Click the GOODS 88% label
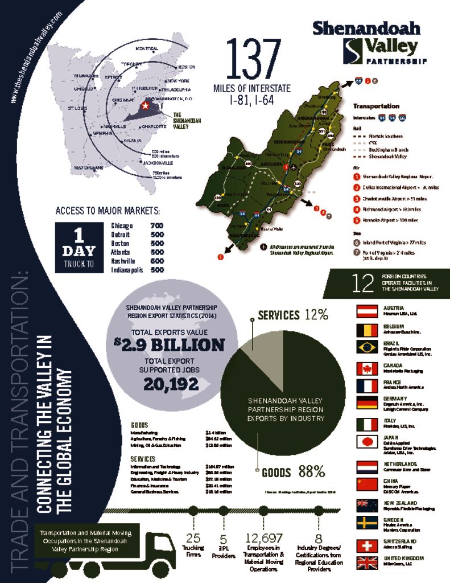coord(293,472)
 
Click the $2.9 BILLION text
coord(169,344)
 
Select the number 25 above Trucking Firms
coord(193,538)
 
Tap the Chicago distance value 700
coord(156,226)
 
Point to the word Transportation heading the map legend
coord(376,106)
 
